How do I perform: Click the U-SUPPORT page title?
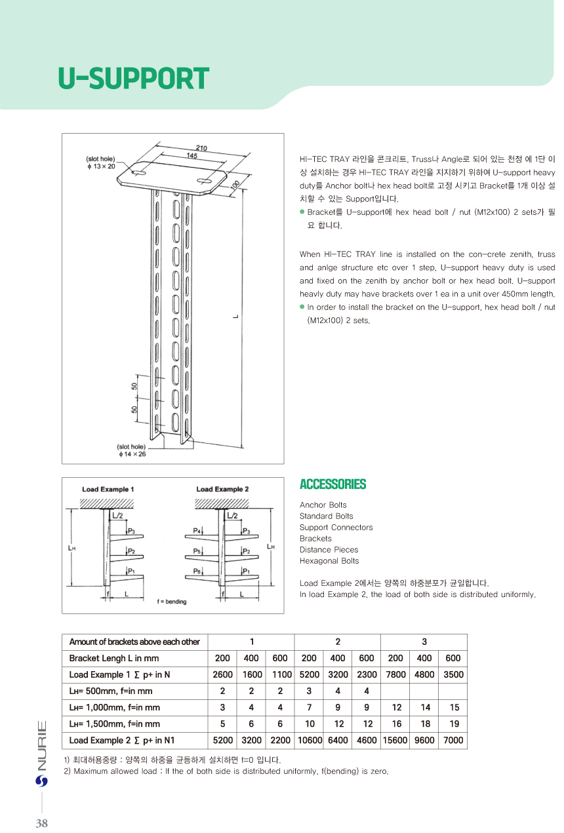[133, 79]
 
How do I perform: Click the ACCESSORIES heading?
[332, 484]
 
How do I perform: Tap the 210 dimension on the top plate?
[201, 148]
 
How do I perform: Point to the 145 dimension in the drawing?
[192, 155]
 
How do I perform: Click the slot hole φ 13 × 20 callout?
[100, 163]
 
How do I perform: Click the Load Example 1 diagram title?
[108, 489]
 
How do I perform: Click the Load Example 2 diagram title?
[222, 489]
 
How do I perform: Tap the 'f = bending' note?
[172, 602]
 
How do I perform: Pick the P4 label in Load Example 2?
[197, 530]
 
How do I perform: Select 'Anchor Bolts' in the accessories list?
[323, 505]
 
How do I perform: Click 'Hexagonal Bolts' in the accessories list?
[329, 560]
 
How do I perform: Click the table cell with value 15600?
[395, 740]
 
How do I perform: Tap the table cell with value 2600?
[222, 674]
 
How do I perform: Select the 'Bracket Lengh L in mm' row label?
[114, 658]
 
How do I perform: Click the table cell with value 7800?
[395, 674]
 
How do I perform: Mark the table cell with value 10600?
[309, 740]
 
